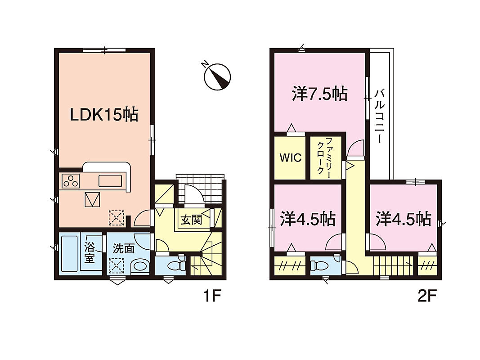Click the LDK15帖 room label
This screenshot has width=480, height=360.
click(x=104, y=115)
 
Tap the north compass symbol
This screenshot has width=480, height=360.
click(x=217, y=76)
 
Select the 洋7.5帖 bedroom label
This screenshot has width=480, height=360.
click(x=320, y=94)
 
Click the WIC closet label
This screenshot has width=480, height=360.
click(x=291, y=158)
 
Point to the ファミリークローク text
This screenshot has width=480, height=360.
click(x=324, y=156)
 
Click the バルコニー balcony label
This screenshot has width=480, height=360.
click(x=380, y=116)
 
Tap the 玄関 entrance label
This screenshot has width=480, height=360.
click(x=191, y=220)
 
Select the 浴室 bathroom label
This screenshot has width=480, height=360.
click(x=90, y=253)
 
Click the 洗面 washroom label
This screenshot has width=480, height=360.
click(x=124, y=248)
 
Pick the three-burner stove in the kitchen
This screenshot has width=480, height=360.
click(x=71, y=180)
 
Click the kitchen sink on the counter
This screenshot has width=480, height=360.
click(x=110, y=180)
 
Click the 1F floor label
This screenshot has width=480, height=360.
click(x=212, y=296)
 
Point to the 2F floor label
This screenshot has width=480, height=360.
click(x=427, y=296)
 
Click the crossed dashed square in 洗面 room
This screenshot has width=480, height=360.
click(x=117, y=266)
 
